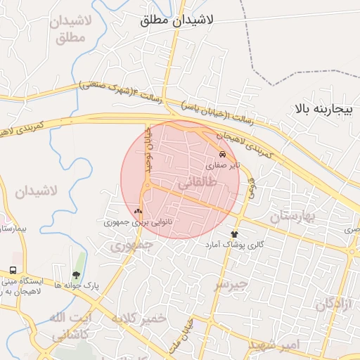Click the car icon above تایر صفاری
click(x=223, y=153)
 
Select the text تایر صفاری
click(x=223, y=165)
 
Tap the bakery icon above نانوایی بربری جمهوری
click(x=138, y=210)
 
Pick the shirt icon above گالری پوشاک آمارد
click(x=234, y=233)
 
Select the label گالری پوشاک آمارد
click(x=234, y=245)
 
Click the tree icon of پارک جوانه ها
click(x=76, y=275)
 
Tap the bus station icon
click(x=13, y=271)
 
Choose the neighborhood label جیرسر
click(x=232, y=285)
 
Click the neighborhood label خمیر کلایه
click(x=138, y=318)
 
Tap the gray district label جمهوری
click(x=127, y=246)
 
